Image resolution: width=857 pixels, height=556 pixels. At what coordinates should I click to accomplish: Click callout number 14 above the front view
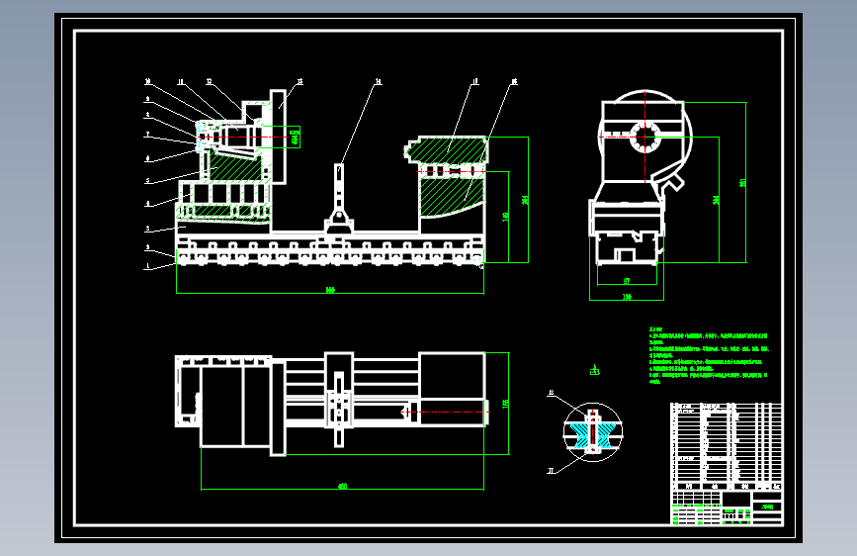(377, 82)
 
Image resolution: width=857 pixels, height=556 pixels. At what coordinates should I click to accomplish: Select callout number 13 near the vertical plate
(300, 81)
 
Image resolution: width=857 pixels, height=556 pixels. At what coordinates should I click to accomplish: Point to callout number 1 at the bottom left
(147, 266)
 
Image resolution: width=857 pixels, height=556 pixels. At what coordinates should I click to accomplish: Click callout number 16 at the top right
(513, 82)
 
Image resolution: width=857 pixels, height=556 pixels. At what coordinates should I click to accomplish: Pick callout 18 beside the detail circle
(551, 394)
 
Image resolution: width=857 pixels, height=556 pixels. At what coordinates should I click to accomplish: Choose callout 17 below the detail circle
(551, 472)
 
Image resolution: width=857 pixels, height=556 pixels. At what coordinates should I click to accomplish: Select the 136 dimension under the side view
(627, 296)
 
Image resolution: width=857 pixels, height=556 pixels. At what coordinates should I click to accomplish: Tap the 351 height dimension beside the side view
(742, 183)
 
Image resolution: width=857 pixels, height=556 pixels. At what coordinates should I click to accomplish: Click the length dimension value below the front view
(330, 290)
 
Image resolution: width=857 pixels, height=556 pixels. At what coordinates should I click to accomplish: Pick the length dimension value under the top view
(342, 486)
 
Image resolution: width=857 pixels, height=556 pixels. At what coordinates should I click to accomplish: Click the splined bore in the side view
(644, 138)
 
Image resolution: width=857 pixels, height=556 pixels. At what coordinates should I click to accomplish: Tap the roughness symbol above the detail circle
(594, 371)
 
